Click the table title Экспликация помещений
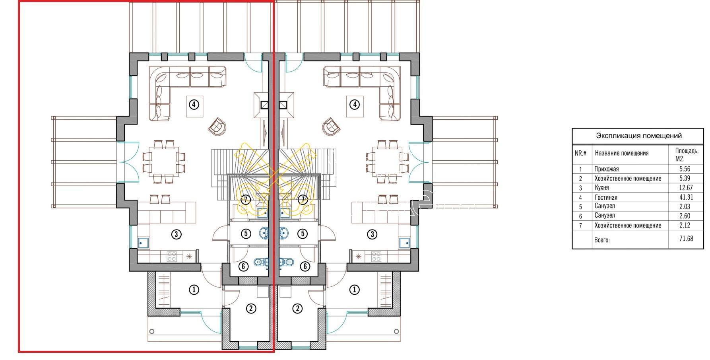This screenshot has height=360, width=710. [x=638, y=136]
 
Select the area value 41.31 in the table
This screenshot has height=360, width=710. [x=685, y=197]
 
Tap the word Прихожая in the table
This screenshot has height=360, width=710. [x=607, y=169]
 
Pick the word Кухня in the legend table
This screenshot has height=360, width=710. [x=601, y=187]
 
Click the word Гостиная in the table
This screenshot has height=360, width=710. [x=606, y=197]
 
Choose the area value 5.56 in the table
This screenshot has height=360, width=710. [x=685, y=169]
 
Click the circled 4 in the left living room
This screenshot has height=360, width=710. [x=194, y=105]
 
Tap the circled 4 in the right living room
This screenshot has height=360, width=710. [x=354, y=105]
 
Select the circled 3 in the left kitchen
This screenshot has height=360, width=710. [x=176, y=234]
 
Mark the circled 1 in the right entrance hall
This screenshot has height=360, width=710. [x=354, y=290]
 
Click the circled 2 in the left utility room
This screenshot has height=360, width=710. [x=251, y=308]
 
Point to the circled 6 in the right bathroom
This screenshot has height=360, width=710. [x=305, y=266]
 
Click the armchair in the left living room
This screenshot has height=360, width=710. [x=217, y=126]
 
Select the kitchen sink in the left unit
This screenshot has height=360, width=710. [x=144, y=243]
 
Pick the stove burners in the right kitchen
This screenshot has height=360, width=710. [x=376, y=257]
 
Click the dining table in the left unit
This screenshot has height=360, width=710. [x=163, y=162]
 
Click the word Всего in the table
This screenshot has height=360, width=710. [x=602, y=240]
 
